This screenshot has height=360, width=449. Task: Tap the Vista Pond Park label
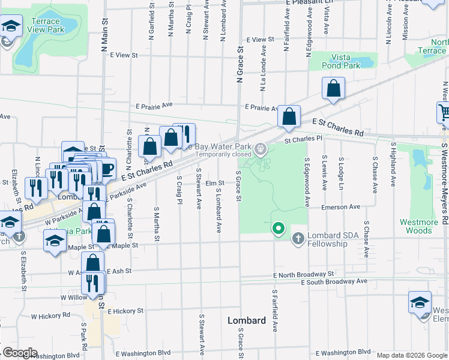(340, 61)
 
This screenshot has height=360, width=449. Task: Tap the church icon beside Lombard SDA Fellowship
(298, 239)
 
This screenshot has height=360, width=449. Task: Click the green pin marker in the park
(278, 229)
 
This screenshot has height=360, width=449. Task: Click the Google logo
(20, 353)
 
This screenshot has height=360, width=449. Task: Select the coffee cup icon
(106, 169)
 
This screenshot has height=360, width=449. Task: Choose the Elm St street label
(214, 183)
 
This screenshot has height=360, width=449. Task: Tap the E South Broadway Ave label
(334, 281)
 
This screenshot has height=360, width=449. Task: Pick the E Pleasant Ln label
(309, 2)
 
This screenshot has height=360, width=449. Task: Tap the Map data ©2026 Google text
(411, 355)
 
